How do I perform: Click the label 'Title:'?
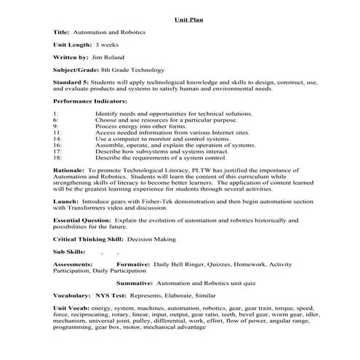pyautogui.click(x=63, y=33)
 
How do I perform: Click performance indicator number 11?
pyautogui.click(x=57, y=134)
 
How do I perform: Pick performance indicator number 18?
pyautogui.click(x=57, y=157)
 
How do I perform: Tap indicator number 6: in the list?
pyautogui.click(x=55, y=119)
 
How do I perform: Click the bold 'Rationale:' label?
pyautogui.click(x=69, y=170)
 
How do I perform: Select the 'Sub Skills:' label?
pyautogui.click(x=70, y=252)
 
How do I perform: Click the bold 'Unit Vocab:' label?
pyautogui.click(x=71, y=310)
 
